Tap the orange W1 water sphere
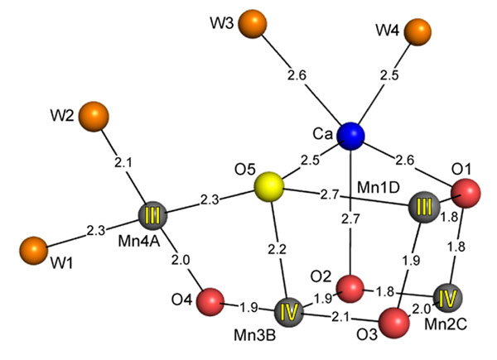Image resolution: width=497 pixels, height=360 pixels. [x=33, y=249]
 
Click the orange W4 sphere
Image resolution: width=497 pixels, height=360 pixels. [x=418, y=31]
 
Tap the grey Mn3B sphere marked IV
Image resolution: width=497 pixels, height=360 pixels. [x=290, y=314]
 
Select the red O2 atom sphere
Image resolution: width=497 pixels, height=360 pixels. [x=351, y=288]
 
